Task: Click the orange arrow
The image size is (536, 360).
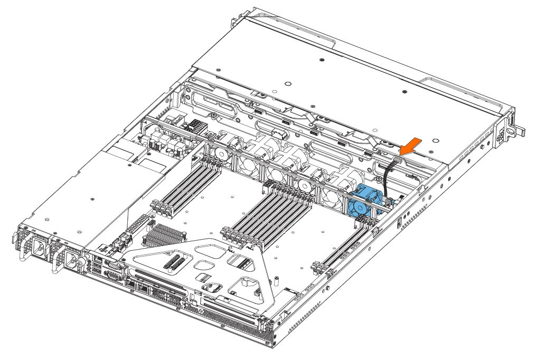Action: point(413,145)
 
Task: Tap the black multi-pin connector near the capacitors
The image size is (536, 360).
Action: point(193,128)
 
